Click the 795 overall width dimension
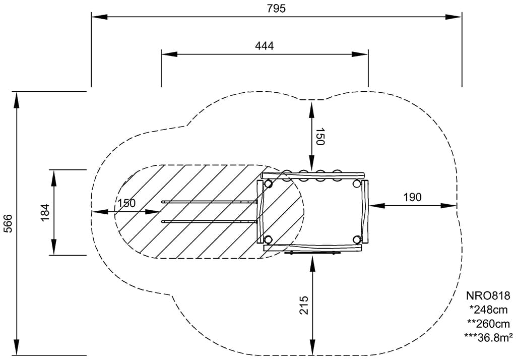(276, 8)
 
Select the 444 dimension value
(264, 46)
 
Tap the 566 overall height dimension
(8, 223)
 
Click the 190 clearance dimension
(412, 197)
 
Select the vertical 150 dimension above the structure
(320, 136)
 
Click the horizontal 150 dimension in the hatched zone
(126, 203)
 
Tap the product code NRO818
(488, 295)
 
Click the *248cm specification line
(488, 310)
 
